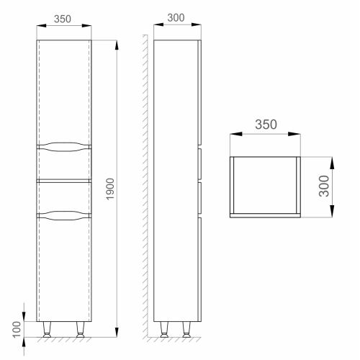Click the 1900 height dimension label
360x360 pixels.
(110, 189)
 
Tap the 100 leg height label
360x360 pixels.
(17, 329)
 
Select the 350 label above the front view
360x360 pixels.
(63, 19)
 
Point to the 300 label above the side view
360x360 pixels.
(176, 18)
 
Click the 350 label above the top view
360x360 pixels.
(266, 125)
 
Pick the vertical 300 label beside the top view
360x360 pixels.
(324, 186)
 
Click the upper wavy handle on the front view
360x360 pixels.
(64, 147)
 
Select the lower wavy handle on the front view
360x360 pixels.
(64, 215)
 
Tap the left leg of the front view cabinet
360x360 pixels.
(47, 330)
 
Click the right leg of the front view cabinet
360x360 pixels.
(81, 330)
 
